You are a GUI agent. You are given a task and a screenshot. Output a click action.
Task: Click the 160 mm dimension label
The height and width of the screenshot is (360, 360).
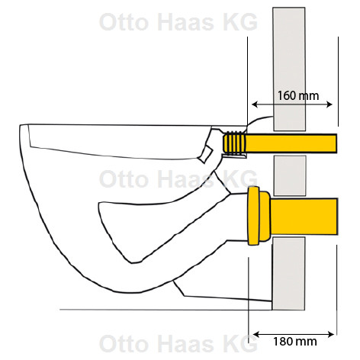[297, 96]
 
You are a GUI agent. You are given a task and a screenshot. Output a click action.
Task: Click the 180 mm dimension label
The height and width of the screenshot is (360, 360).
[295, 342]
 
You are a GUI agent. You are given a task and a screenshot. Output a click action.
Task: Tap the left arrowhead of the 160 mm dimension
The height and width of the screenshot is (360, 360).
[255, 104]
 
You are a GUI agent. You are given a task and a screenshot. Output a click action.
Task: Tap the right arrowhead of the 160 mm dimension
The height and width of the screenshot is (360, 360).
[329, 104]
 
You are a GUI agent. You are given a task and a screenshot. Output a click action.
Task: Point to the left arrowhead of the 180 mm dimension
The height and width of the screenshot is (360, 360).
[256, 335]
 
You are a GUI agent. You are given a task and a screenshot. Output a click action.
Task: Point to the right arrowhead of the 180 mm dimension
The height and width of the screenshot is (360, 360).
[331, 335]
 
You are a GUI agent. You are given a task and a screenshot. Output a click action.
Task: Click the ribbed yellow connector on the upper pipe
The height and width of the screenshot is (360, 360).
[234, 143]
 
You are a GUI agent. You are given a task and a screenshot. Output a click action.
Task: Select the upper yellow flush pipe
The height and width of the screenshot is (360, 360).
[291, 143]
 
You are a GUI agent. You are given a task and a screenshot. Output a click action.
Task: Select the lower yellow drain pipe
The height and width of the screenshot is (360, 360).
[304, 217]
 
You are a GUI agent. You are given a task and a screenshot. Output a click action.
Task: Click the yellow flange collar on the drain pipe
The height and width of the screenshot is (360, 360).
[259, 216]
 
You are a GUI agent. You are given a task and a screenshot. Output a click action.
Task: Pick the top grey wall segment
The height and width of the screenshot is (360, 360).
[289, 69]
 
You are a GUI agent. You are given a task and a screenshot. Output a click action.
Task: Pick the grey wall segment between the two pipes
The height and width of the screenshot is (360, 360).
[290, 175]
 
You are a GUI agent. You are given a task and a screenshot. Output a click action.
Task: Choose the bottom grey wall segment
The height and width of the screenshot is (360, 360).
[288, 274]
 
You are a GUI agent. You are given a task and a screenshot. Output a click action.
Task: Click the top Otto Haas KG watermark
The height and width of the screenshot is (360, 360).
[178, 22]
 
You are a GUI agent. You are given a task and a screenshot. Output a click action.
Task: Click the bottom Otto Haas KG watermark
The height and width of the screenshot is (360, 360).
[178, 343]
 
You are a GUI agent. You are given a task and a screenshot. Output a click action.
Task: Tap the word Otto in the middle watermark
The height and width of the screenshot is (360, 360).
[124, 179]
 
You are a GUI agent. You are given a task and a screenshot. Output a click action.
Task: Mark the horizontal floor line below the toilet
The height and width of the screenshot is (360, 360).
[166, 310]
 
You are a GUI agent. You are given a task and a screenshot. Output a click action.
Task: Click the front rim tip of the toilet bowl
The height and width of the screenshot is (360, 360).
[21, 126]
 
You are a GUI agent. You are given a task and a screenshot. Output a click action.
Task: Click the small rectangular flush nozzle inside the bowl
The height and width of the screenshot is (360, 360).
[206, 154]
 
